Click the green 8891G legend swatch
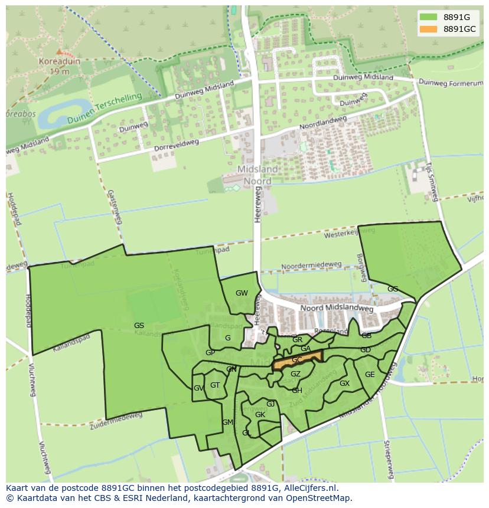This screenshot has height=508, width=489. point(428,17)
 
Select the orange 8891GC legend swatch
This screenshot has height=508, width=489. point(428,29)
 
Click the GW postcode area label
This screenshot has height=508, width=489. point(242,293)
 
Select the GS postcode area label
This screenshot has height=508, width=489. point(139,325)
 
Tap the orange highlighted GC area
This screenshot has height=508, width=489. point(297,359)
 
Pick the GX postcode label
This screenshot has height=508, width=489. point(344,384)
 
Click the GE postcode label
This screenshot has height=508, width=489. point(370,375)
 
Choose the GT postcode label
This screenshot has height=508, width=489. point(215,385)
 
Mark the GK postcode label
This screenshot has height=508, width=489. point(260,415)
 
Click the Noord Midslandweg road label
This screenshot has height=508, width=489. point(337,308)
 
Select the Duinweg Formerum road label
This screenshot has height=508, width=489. point(452,84)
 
